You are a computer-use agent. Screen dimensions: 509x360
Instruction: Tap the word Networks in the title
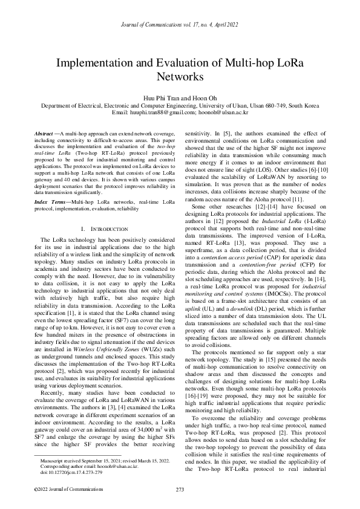(180, 77)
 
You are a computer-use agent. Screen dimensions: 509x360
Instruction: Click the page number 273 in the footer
(180, 489)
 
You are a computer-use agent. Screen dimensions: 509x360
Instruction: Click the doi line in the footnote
(73, 475)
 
